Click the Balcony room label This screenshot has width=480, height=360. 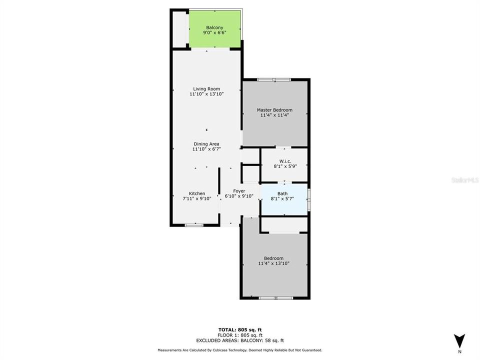tap(214, 27)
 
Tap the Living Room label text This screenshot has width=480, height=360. tap(206, 89)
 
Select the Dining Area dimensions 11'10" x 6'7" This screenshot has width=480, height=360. tap(206, 149)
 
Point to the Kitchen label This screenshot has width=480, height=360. tap(196, 193)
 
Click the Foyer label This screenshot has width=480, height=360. tap(239, 191)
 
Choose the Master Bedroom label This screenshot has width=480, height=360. tap(274, 110)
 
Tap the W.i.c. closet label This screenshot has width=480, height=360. tap(284, 160)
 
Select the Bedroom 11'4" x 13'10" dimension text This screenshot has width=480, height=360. tap(273, 263)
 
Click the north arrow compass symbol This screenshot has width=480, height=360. tap(460, 339)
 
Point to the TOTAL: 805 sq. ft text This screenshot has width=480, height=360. tap(240, 329)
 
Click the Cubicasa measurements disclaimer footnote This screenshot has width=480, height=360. tap(240, 350)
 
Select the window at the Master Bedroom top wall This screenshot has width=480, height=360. tap(274, 79)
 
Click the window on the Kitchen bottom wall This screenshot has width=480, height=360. tap(193, 225)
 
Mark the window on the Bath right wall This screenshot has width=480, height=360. tap(308, 199)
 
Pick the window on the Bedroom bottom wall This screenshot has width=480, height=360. tap(275, 298)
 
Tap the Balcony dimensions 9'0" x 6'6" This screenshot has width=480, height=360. tap(214, 33)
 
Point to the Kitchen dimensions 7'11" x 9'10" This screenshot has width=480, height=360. tap(196, 198)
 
